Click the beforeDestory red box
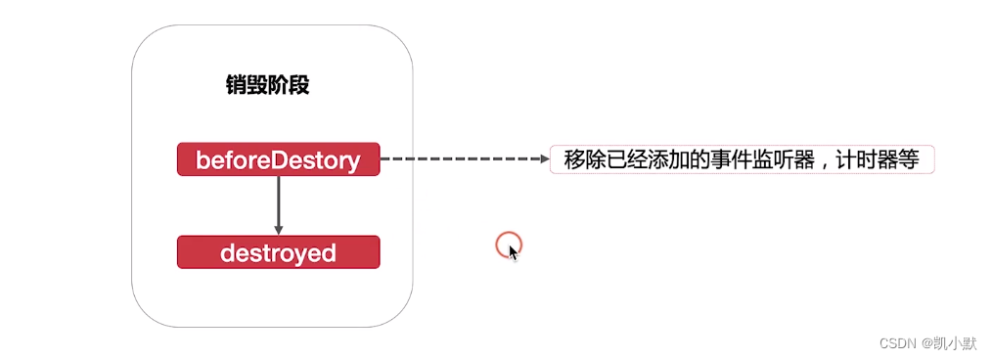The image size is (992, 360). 278,159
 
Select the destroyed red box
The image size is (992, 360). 278,252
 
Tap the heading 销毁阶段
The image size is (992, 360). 267,85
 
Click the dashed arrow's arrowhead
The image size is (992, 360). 544,159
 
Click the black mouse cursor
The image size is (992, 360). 514,252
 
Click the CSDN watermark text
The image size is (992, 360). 896,343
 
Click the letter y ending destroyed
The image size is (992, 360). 301,254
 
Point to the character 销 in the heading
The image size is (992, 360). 236,85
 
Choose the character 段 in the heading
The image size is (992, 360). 298,85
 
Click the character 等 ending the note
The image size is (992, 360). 907,159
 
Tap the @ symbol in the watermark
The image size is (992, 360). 924,343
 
